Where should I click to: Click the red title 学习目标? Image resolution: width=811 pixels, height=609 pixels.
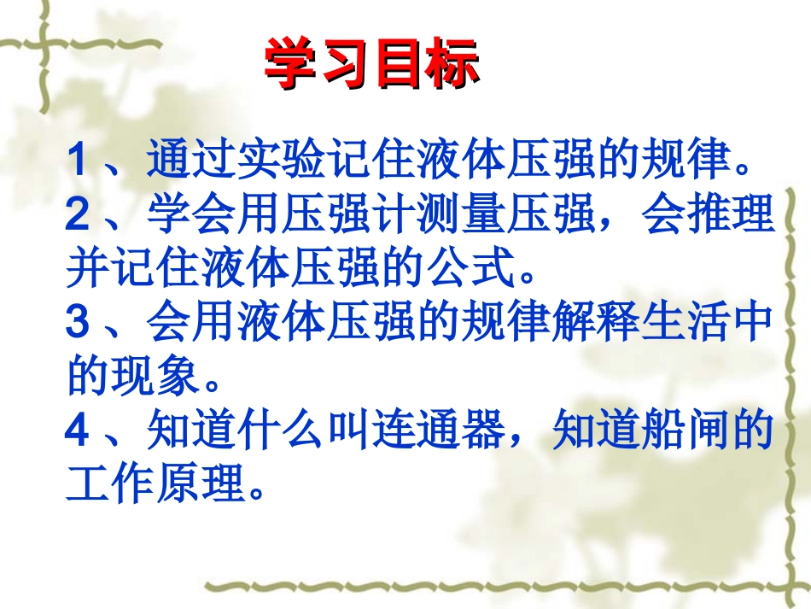point(372,64)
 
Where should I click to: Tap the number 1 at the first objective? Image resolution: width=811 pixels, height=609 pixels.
point(79,160)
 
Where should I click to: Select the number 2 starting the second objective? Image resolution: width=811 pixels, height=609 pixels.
point(79,214)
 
